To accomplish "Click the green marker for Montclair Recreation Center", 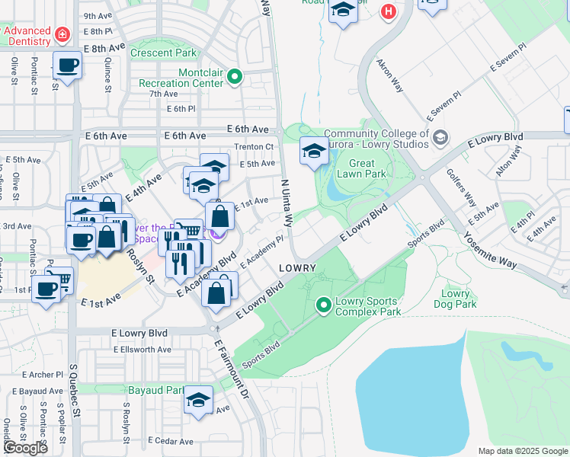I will (235, 76).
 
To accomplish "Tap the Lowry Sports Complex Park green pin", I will (324, 305).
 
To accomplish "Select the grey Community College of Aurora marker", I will (440, 137).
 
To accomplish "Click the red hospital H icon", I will (389, 11).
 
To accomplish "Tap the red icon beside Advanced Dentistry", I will (61, 34).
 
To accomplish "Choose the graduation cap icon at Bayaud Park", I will (198, 400).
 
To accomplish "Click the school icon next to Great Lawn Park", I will (313, 151).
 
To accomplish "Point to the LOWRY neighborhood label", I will (297, 269).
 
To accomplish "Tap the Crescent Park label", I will (163, 53).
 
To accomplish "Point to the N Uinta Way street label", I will (287, 203).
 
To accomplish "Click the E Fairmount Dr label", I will (232, 371).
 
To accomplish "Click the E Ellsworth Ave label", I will (142, 350).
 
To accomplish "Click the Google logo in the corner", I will (24, 448).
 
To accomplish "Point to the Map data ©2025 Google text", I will (522, 451).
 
